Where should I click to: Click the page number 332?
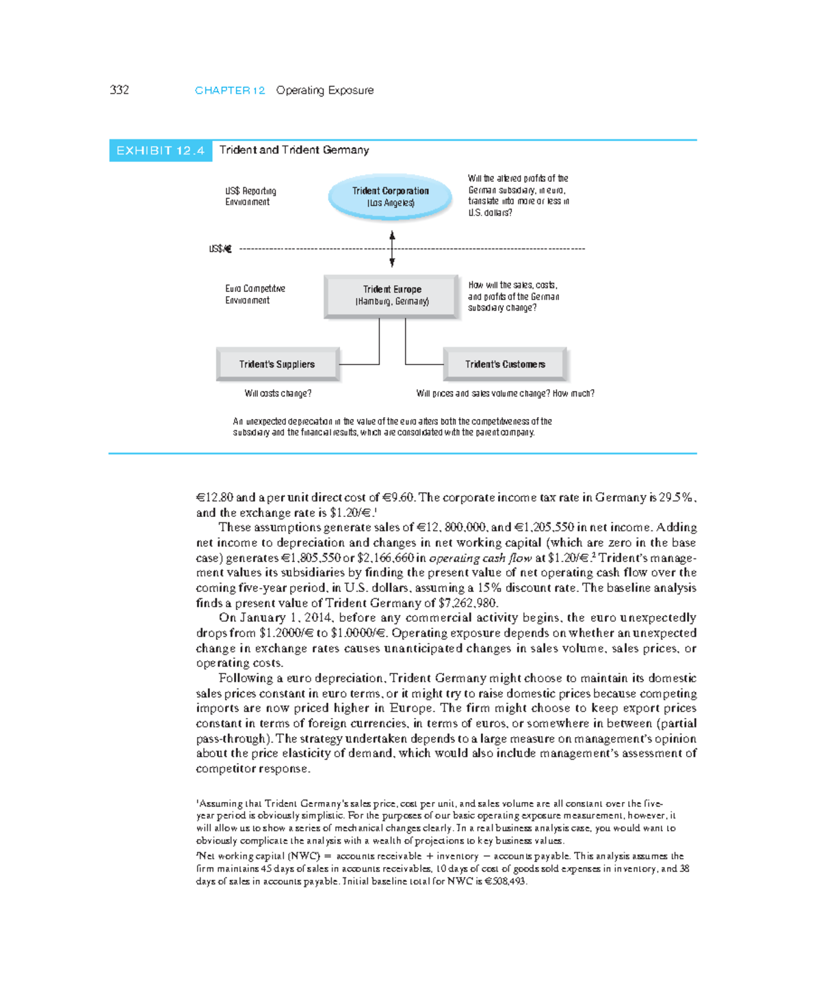point(119,90)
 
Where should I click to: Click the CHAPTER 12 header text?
point(230,90)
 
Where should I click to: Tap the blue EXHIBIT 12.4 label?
point(160,150)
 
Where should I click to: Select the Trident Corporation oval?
point(390,196)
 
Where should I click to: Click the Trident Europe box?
point(391,295)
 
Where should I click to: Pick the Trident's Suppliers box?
point(277,364)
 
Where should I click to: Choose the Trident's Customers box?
point(505,364)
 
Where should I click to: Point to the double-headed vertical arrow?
point(392,249)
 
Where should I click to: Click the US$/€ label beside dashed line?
point(220,249)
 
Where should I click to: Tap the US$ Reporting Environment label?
point(250,196)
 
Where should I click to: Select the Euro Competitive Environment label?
point(255,295)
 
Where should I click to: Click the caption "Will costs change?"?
point(278,394)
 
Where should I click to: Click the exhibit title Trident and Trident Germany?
point(294,150)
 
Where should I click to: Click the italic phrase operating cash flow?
point(480,558)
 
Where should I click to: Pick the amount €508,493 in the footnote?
point(505,881)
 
